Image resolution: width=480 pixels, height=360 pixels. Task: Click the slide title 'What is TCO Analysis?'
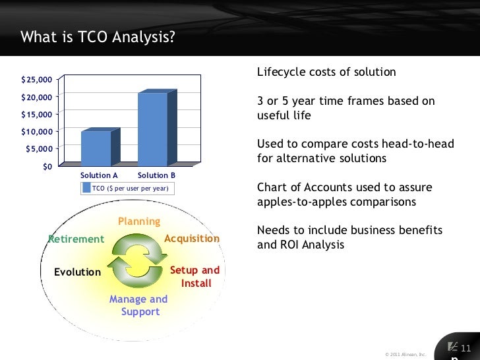pyautogui.click(x=98, y=36)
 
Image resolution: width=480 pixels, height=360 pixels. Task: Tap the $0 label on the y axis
pyautogui.click(x=47, y=166)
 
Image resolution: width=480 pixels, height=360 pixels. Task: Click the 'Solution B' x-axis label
pyautogui.click(x=156, y=175)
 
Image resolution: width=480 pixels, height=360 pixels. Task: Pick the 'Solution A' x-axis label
pyautogui.click(x=99, y=175)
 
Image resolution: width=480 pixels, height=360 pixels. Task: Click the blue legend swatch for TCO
pyautogui.click(x=86, y=189)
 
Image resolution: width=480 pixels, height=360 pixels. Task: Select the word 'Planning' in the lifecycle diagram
pyautogui.click(x=139, y=222)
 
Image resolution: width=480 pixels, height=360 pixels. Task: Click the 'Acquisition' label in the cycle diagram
pyautogui.click(x=191, y=238)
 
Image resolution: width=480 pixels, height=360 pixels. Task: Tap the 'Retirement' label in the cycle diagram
pyautogui.click(x=76, y=239)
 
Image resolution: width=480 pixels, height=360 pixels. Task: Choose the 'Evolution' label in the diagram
pyautogui.click(x=77, y=272)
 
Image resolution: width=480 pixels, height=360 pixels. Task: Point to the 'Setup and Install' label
pyautogui.click(x=195, y=277)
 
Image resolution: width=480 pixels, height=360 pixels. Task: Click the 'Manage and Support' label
pyautogui.click(x=138, y=305)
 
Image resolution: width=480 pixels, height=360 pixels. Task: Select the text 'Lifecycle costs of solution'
pyautogui.click(x=326, y=72)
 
